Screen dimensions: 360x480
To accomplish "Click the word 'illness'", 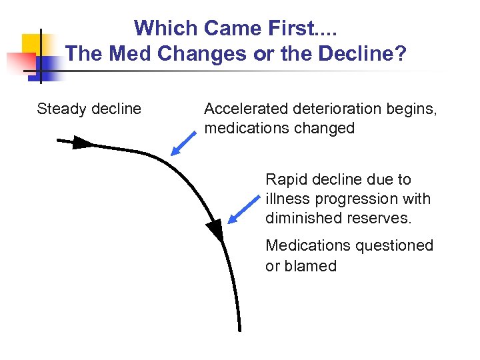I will pos(285,199).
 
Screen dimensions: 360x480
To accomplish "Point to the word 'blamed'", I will pos(311,265).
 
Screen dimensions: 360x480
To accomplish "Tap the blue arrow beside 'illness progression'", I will pos(243,209).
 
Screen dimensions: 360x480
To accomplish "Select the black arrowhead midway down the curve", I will pos(215,231).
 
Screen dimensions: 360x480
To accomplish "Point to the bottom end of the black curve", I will pos(239,328).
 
